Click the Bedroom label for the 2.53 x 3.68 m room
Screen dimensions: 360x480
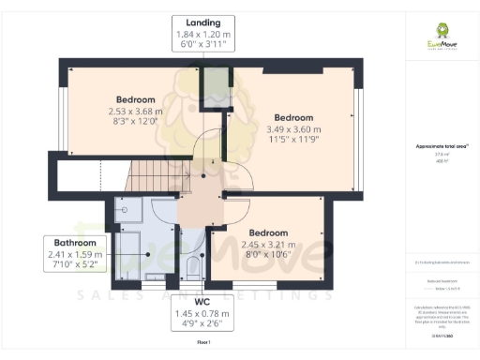pyautogui.click(x=135, y=99)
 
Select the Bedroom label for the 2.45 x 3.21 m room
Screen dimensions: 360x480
pyautogui.click(x=268, y=232)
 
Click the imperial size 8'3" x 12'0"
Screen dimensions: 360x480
pyautogui.click(x=135, y=122)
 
